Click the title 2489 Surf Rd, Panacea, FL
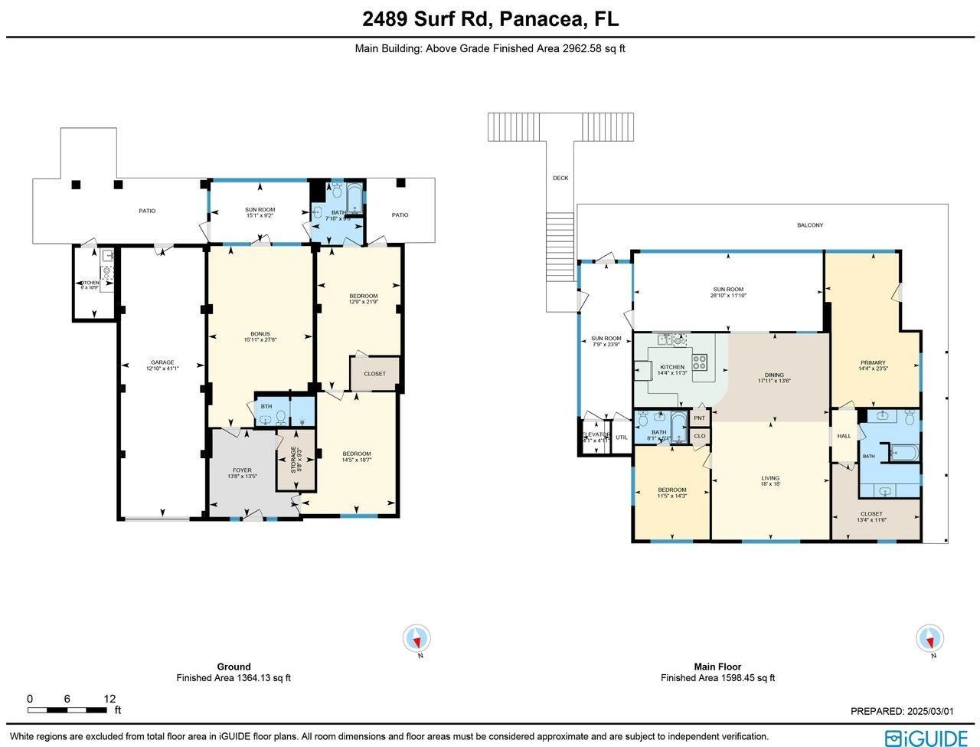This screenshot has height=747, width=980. pyautogui.click(x=490, y=19)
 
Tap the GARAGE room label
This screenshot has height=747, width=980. pyautogui.click(x=162, y=362)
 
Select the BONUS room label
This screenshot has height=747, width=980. pyautogui.click(x=260, y=334)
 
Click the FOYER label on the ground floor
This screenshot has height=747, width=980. pyautogui.click(x=241, y=470)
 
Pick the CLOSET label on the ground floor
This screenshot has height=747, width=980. pyautogui.click(x=374, y=374)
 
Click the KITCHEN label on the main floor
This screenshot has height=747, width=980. pyautogui.click(x=671, y=367)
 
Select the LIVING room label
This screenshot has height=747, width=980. pyautogui.click(x=769, y=479)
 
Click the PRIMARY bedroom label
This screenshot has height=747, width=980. pyautogui.click(x=872, y=362)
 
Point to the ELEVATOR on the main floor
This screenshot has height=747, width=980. pyautogui.click(x=595, y=435)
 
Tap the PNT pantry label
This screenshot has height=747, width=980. pyautogui.click(x=699, y=418)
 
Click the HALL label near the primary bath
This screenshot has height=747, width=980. pyautogui.click(x=844, y=436)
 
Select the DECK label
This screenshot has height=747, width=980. pyautogui.click(x=560, y=179)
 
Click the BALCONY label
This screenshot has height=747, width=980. pyautogui.click(x=810, y=225)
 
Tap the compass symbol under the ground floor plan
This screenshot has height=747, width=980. pyautogui.click(x=417, y=638)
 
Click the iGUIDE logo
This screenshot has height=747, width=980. pyautogui.click(x=926, y=738)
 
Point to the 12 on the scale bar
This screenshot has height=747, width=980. pyautogui.click(x=110, y=699)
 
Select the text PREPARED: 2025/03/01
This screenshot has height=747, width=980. pyautogui.click(x=902, y=712)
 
